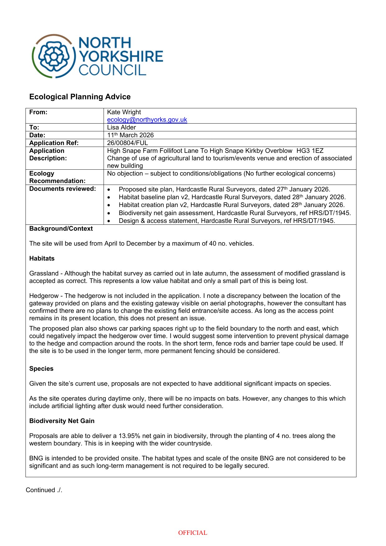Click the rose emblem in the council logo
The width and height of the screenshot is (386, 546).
click(53, 56)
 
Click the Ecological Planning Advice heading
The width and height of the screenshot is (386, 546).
click(80, 97)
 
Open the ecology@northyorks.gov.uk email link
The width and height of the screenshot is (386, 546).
click(147, 120)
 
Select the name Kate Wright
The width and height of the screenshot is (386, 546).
click(124, 112)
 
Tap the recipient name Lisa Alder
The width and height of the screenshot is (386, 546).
click(121, 127)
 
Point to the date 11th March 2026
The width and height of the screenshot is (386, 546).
click(130, 135)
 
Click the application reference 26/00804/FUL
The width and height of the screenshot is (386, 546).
click(128, 143)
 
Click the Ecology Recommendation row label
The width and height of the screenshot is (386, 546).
click(57, 177)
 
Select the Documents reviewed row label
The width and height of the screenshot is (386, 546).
click(63, 189)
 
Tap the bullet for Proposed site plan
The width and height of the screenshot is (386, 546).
click(109, 190)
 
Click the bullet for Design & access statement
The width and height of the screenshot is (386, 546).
click(109, 221)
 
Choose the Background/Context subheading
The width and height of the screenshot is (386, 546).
click(61, 228)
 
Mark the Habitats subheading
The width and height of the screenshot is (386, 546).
click(42, 258)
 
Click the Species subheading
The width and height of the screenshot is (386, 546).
click(41, 369)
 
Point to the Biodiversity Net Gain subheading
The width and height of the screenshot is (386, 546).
click(62, 421)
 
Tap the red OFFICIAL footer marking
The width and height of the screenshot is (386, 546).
click(193, 533)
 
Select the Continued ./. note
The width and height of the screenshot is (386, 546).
click(44, 490)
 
